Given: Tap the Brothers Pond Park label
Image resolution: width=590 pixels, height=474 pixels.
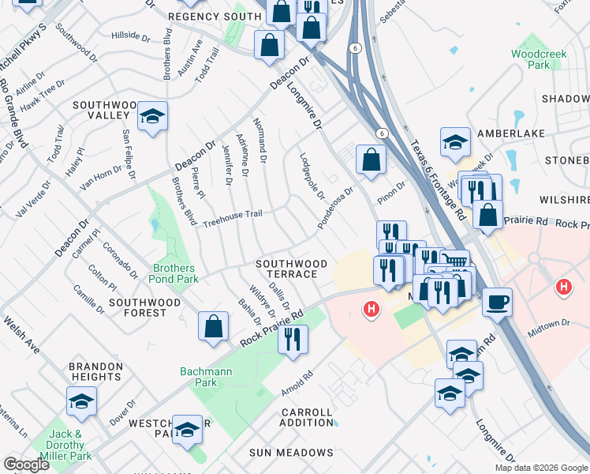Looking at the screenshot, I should pos(174,273).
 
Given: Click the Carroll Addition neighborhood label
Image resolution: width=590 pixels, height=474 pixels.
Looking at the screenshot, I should pos(306,417).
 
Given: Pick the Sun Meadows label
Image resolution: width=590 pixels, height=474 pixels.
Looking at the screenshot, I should pos(291,453).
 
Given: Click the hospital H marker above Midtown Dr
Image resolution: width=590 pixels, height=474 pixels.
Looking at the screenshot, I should pos(563,287).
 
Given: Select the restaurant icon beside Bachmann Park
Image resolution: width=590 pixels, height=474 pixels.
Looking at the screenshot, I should pos(293,338).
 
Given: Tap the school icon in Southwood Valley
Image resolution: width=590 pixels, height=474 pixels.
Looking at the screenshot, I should pos(152,116).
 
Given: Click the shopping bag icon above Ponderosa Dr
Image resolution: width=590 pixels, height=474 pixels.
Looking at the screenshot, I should pos(370,160).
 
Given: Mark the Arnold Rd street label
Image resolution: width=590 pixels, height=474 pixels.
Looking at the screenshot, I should pos(297,385).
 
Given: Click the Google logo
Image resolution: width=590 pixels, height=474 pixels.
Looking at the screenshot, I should pos(27,465).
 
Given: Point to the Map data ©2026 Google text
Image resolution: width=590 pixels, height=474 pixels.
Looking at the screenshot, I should pos(540,468).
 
